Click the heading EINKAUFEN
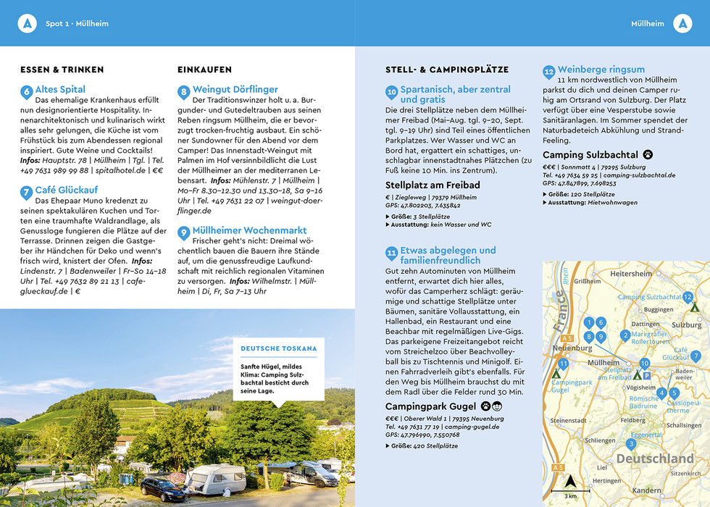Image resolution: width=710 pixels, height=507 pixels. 204,70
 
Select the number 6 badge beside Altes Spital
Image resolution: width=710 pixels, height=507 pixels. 27,91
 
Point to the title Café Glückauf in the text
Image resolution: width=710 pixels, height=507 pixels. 65,191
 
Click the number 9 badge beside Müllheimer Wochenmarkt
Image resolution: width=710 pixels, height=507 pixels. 184,232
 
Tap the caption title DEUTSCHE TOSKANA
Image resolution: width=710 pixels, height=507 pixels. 279,348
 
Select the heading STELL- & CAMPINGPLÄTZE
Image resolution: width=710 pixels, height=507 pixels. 447,70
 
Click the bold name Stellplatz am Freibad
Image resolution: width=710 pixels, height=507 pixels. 433,185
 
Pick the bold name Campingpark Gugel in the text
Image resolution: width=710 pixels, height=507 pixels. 430,406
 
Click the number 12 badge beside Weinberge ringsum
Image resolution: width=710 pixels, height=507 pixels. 549,71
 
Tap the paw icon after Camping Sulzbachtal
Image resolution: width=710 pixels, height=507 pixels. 648,154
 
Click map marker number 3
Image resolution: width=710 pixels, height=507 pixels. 631,444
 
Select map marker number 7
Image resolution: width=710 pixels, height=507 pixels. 696,356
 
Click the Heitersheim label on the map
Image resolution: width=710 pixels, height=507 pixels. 631,275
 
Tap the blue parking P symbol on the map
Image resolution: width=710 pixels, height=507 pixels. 647,375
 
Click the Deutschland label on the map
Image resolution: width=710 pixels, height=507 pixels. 654,458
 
